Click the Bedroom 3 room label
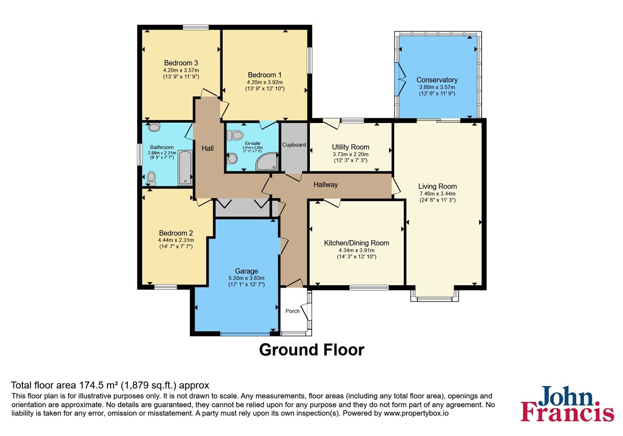pyautogui.click(x=181, y=63)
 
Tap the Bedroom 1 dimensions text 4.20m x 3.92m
pyautogui.click(x=265, y=82)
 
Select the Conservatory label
pyautogui.click(x=437, y=80)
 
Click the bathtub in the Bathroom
pyautogui.click(x=185, y=168)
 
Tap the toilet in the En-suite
pyautogui.click(x=235, y=135)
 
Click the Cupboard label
pyautogui.click(x=294, y=145)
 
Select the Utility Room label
pyautogui.click(x=350, y=147)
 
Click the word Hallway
pyautogui.click(x=326, y=185)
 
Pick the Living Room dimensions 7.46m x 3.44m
pyautogui.click(x=438, y=193)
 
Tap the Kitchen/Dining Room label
pyautogui.click(x=357, y=243)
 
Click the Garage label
pyautogui.click(x=246, y=271)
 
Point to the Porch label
pyautogui.click(x=292, y=311)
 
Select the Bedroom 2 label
pyautogui.click(x=176, y=233)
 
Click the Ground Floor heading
pyautogui.click(x=311, y=350)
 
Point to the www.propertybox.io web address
pyautogui.click(x=416, y=413)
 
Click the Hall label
pyautogui.click(x=208, y=148)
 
